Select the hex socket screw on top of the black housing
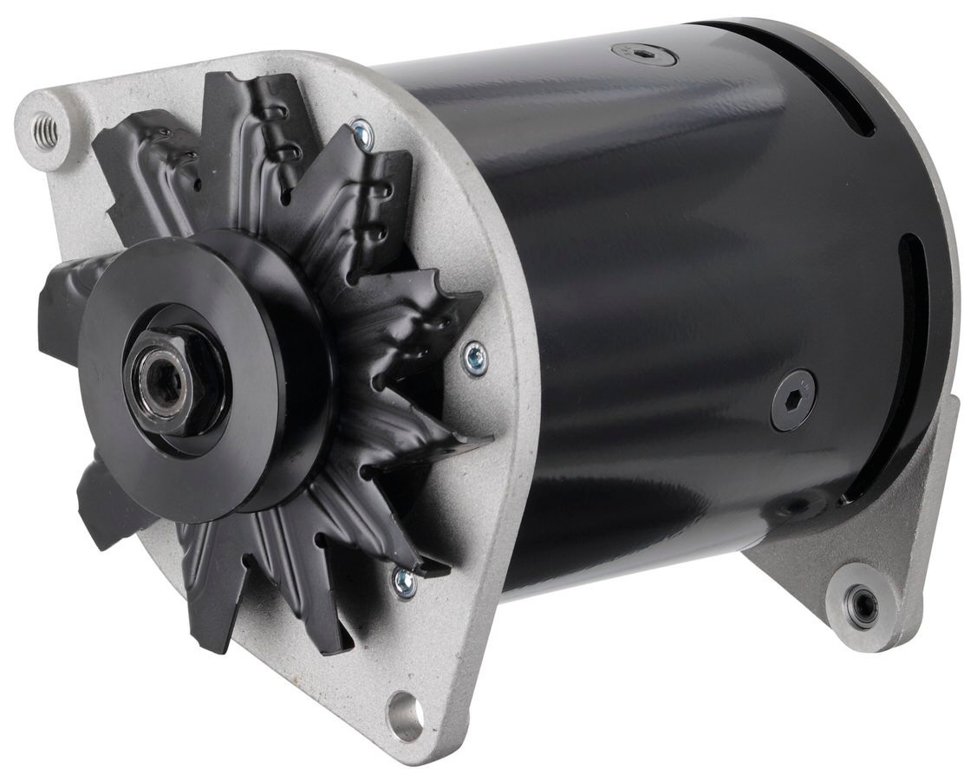(644, 55)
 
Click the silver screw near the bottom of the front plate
(404, 582)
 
